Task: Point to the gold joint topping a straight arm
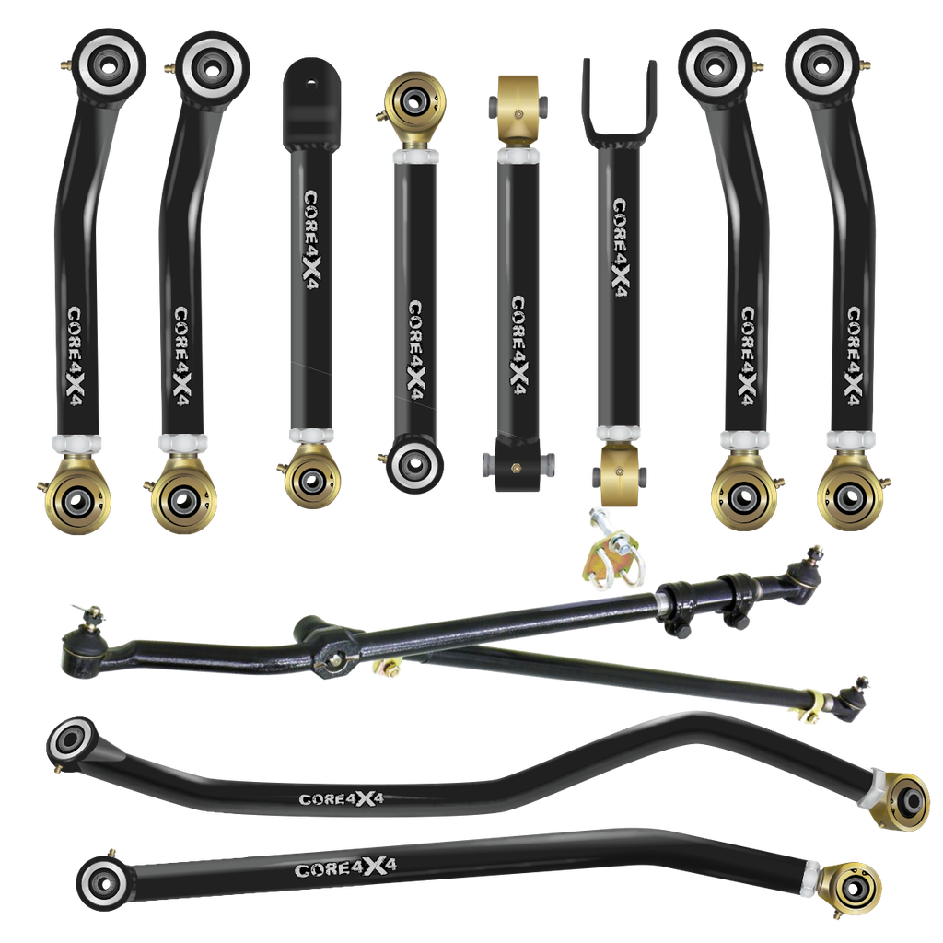pos(416,99)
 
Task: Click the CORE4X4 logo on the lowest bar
pos(337,868)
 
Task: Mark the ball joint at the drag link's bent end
pos(77,652)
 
